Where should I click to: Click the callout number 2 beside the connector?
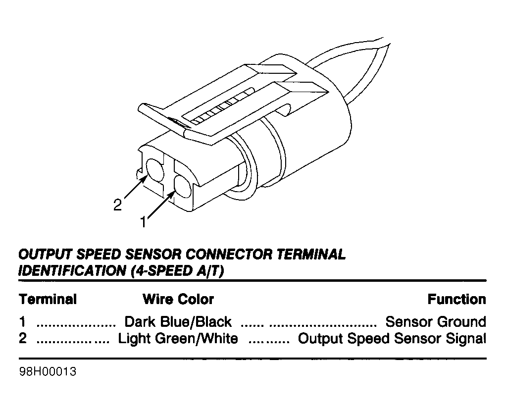tap(118, 205)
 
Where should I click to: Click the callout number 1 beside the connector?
tap(143, 222)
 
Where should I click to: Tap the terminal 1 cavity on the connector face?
tap(183, 187)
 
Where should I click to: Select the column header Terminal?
tap(48, 299)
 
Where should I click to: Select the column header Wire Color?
tap(178, 299)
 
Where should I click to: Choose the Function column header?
tap(456, 299)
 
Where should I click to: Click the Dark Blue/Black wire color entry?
tap(178, 322)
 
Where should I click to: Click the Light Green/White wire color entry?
tap(178, 339)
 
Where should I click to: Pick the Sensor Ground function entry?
tap(436, 322)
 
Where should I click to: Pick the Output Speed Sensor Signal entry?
tap(392, 339)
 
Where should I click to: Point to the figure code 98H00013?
tap(48, 371)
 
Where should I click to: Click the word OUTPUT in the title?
tap(46, 254)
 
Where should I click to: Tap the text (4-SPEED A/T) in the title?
tap(177, 271)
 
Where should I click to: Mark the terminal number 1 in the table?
tap(22, 322)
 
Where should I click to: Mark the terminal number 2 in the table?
tap(23, 338)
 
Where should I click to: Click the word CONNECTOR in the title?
tap(229, 254)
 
